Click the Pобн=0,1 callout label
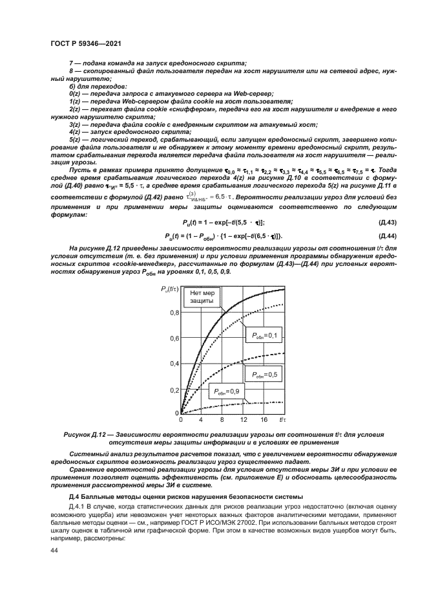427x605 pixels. coord(261,335)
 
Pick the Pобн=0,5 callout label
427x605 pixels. coord(261,374)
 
